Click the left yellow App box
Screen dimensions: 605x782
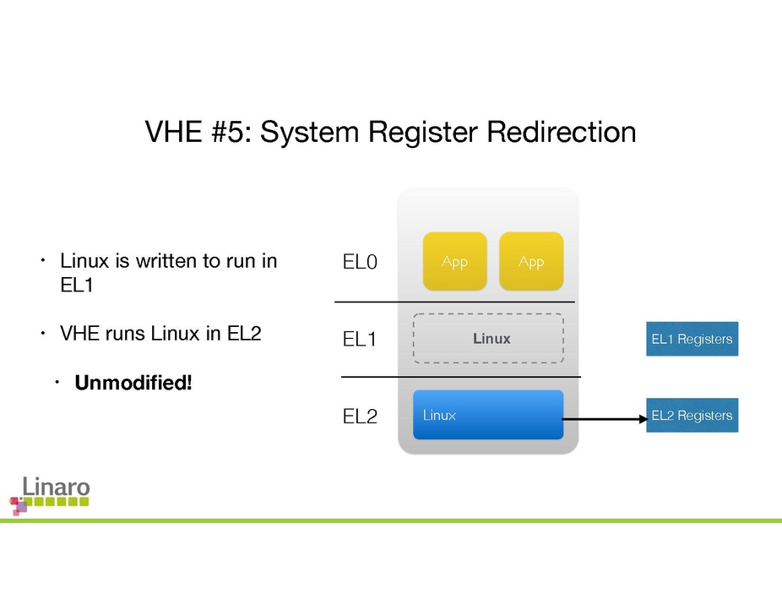pos(454,261)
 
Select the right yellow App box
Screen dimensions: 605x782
pos(530,261)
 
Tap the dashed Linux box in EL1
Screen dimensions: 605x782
pos(488,339)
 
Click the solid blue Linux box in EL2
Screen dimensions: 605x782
pos(488,415)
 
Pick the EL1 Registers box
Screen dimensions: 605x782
pos(692,339)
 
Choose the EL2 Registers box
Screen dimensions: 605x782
pos(692,415)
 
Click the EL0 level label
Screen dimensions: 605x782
pos(359,263)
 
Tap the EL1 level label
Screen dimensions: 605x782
pos(359,340)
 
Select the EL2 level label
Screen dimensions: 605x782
pos(360,417)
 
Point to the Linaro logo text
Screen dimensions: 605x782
pos(56,487)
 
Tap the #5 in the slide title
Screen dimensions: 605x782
pos(231,133)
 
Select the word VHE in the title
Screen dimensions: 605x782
pos(173,133)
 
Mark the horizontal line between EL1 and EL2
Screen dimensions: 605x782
pos(461,376)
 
